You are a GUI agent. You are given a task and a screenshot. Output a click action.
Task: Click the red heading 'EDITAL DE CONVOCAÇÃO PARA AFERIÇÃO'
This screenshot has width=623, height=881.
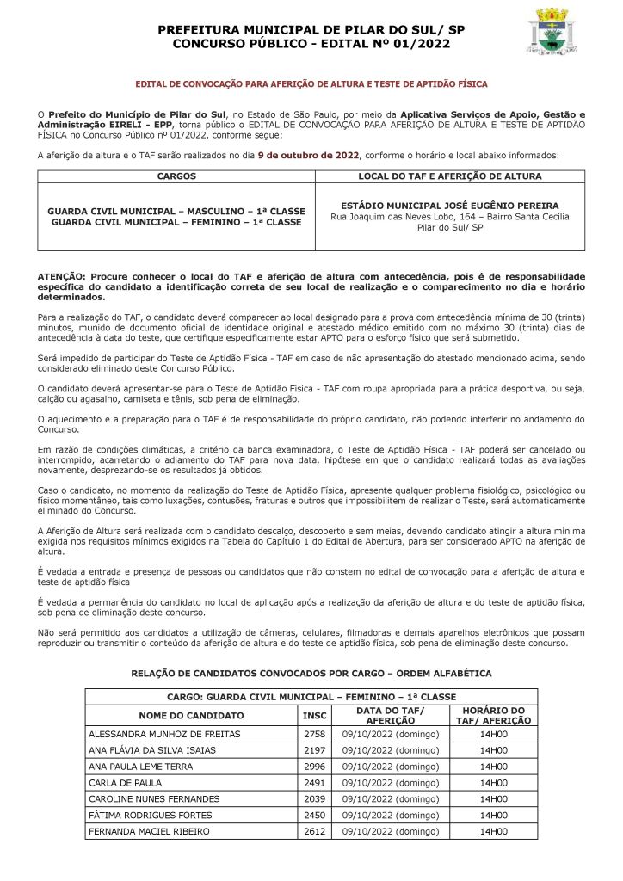[x=311, y=84]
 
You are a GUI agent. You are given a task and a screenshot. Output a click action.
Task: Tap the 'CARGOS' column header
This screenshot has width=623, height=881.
[x=176, y=176]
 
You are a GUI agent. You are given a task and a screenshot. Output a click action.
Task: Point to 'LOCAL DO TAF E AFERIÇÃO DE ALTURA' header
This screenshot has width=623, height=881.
[x=450, y=176]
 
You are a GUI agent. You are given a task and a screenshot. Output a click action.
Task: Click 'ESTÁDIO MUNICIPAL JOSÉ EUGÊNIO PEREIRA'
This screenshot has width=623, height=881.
[x=450, y=206]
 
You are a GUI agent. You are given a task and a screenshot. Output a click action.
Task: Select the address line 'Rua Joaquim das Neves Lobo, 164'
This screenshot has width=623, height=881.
[x=450, y=218]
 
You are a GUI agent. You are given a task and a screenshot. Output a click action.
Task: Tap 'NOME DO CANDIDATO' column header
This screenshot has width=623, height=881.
[x=191, y=715]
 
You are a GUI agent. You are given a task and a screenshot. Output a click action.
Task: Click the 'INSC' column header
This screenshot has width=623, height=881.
[x=315, y=715]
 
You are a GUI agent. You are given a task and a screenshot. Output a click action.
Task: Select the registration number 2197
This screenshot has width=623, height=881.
[x=315, y=750]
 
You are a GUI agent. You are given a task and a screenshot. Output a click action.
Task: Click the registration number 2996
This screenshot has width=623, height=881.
[x=315, y=767]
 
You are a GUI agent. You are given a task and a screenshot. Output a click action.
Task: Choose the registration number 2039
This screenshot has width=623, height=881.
[x=315, y=799]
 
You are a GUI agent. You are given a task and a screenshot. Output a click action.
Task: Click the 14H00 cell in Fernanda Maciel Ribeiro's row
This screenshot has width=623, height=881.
[x=493, y=832]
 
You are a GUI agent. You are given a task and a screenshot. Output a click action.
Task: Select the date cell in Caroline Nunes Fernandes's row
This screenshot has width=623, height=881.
[x=391, y=799]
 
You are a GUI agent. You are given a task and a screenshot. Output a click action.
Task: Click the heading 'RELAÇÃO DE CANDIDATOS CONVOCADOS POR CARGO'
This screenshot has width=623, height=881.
[x=311, y=673]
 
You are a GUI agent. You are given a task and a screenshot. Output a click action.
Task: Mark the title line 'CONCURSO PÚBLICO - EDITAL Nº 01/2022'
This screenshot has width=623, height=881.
[x=311, y=43]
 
